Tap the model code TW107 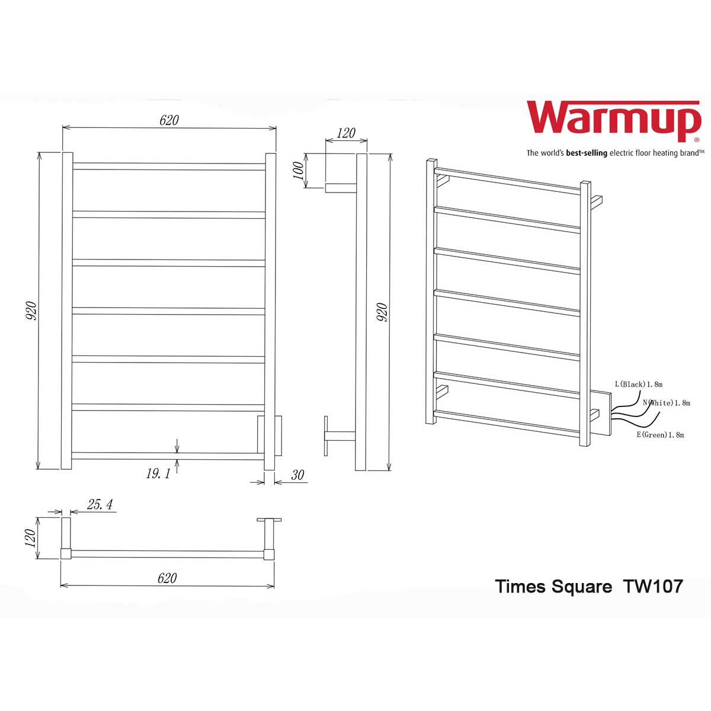point(653,587)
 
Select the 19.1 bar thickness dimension point(158,473)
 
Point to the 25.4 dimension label point(100,504)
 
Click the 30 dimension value point(297,475)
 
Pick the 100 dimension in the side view point(299,171)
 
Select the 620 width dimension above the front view point(169,120)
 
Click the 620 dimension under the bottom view point(167,578)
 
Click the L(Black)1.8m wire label point(638,385)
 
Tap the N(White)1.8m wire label point(667,403)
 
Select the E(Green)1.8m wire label point(660,435)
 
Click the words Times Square point(553,587)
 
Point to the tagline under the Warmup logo point(614,153)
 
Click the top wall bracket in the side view point(340,188)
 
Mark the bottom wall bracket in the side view point(339,436)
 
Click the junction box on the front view point(270,435)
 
